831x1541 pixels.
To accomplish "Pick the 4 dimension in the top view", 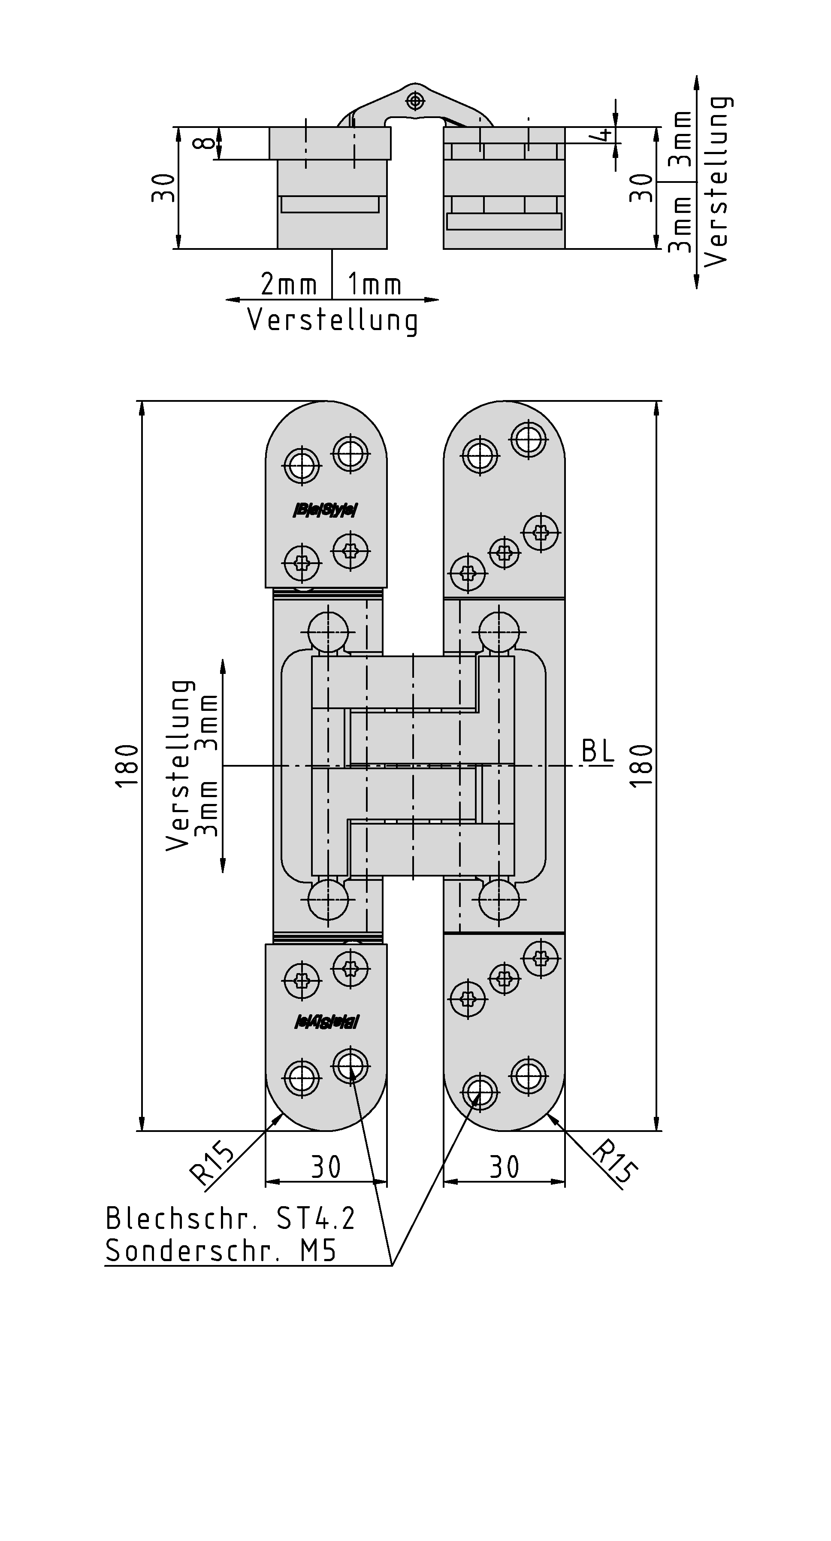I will pyautogui.click(x=604, y=135).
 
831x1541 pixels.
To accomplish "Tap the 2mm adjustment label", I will pyautogui.click(x=288, y=284).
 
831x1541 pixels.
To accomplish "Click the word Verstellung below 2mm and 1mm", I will pyautogui.click(x=332, y=320).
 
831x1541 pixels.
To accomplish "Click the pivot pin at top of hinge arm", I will pyautogui.click(x=415, y=100).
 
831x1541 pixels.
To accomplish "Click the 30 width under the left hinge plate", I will pyautogui.click(x=326, y=1167).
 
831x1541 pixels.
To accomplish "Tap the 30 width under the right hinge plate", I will pyautogui.click(x=504, y=1167).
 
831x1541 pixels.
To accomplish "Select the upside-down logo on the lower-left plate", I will pyautogui.click(x=326, y=1022).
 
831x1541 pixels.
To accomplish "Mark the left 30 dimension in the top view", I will pyautogui.click(x=163, y=188).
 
